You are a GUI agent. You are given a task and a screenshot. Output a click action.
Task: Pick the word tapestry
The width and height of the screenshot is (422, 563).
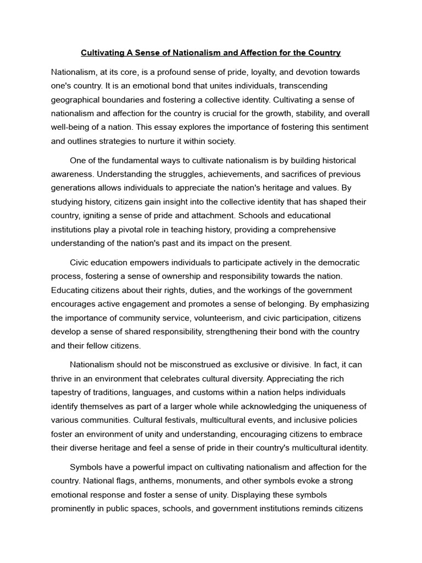69,393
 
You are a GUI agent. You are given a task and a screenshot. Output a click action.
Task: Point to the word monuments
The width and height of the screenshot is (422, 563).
193,481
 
